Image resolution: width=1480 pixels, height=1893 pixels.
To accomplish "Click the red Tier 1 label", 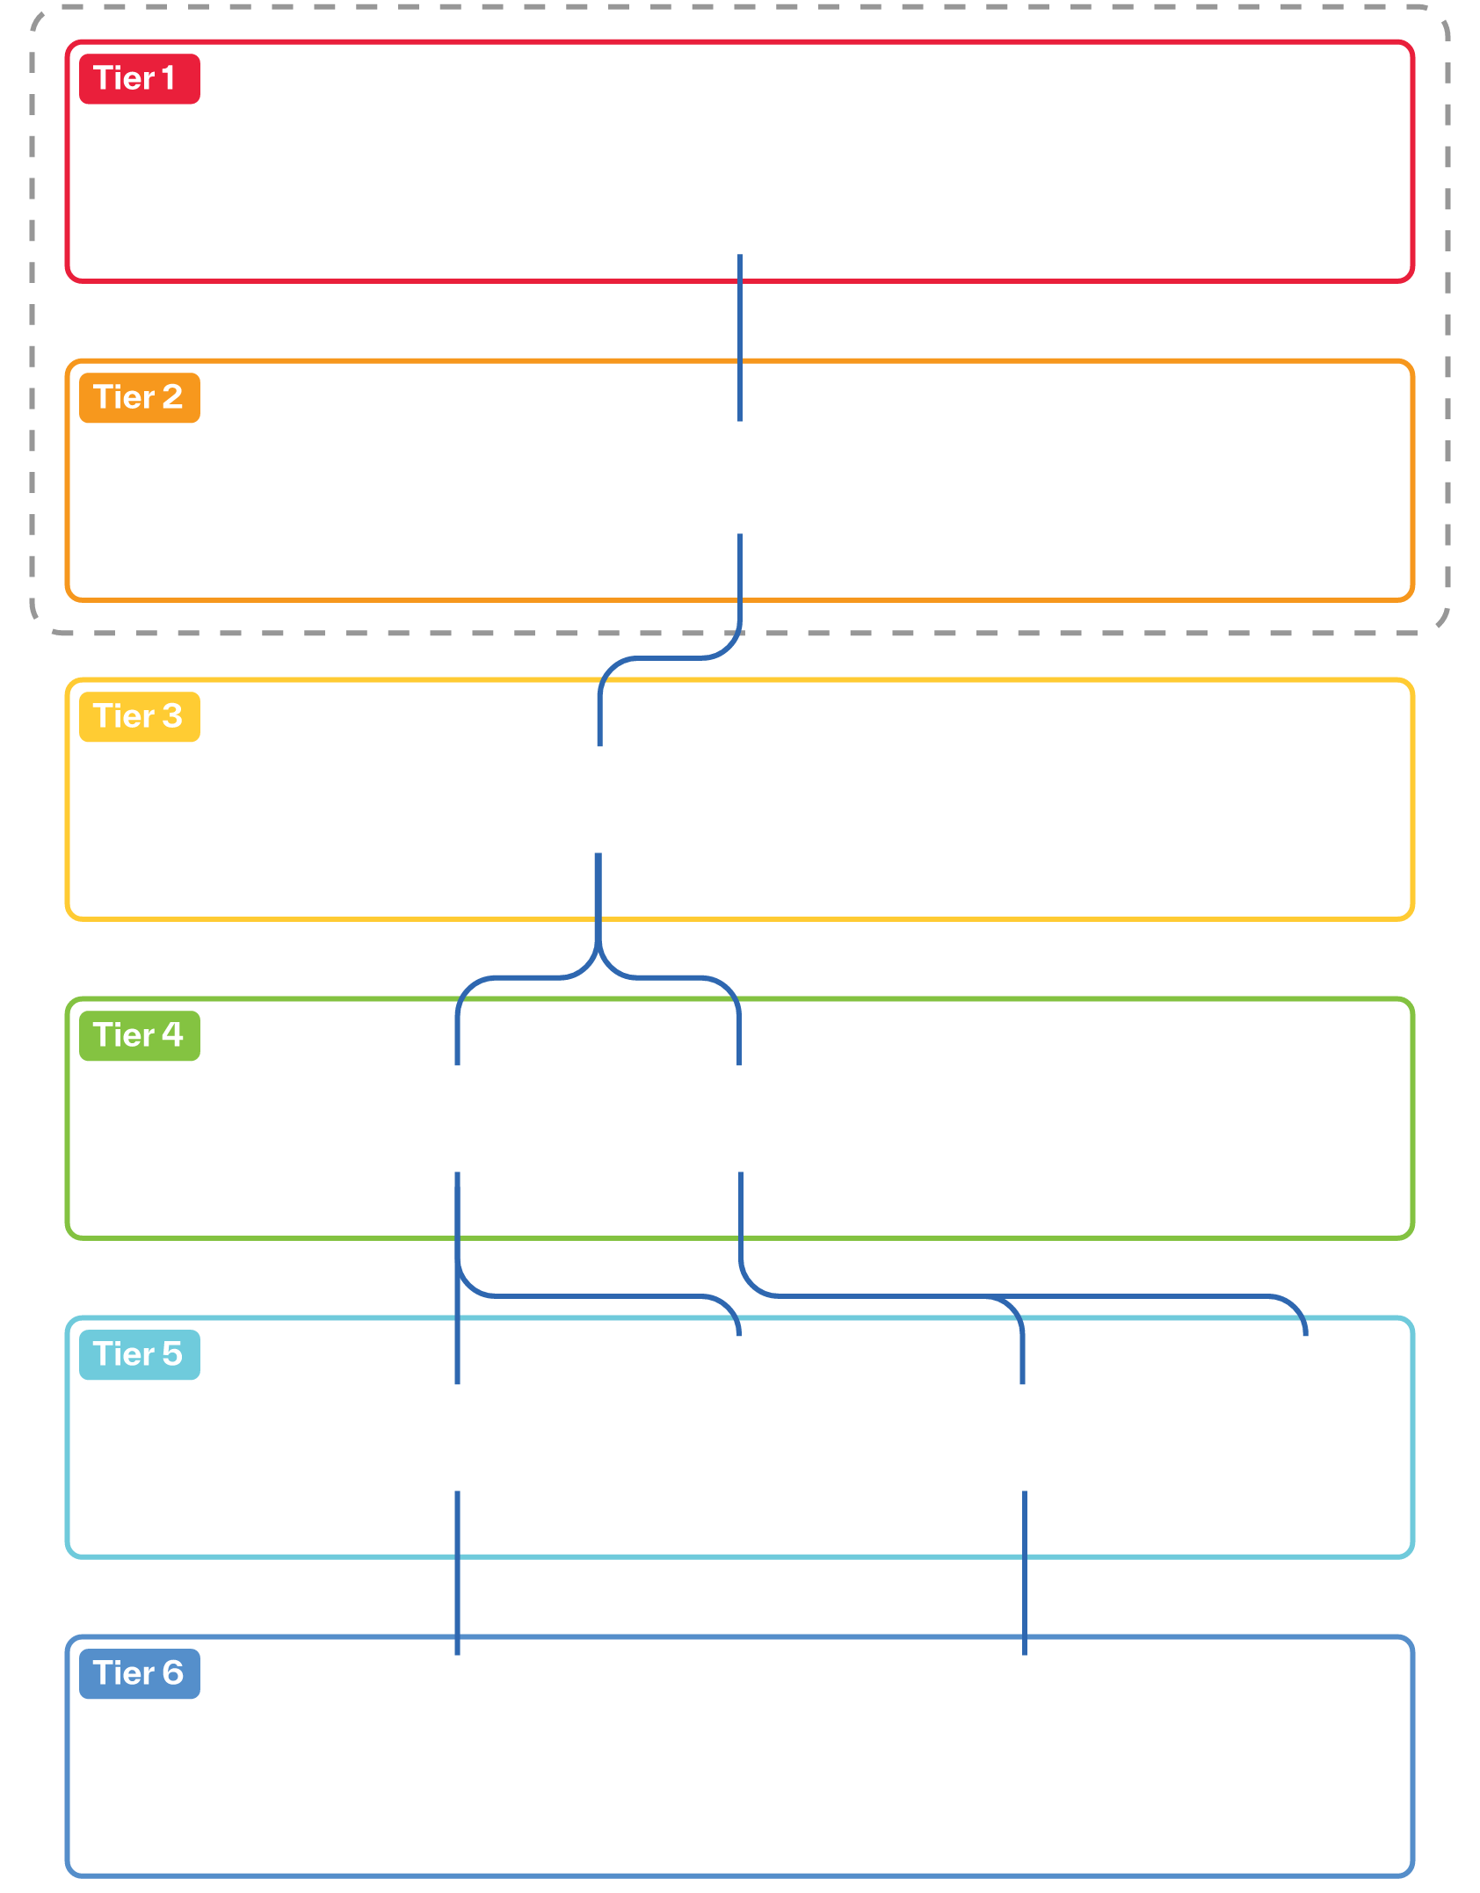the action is [140, 79].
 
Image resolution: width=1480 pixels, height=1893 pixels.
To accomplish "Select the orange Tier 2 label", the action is [140, 398].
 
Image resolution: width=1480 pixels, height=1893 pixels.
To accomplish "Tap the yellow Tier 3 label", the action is [140, 717].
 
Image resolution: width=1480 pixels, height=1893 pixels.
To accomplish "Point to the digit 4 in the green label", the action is [172, 1035].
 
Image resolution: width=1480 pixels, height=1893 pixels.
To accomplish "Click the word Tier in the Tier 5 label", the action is [124, 1354].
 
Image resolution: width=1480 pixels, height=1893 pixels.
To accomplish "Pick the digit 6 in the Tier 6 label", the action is [172, 1673].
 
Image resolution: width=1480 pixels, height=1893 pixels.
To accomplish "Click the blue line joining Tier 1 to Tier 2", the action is [740, 338].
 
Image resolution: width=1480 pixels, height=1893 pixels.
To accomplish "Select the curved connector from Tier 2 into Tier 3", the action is [668, 657].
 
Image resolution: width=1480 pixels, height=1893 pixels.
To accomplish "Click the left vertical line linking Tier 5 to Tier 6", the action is [457, 1573].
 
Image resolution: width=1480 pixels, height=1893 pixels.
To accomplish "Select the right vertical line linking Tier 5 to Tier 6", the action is [1025, 1573].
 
